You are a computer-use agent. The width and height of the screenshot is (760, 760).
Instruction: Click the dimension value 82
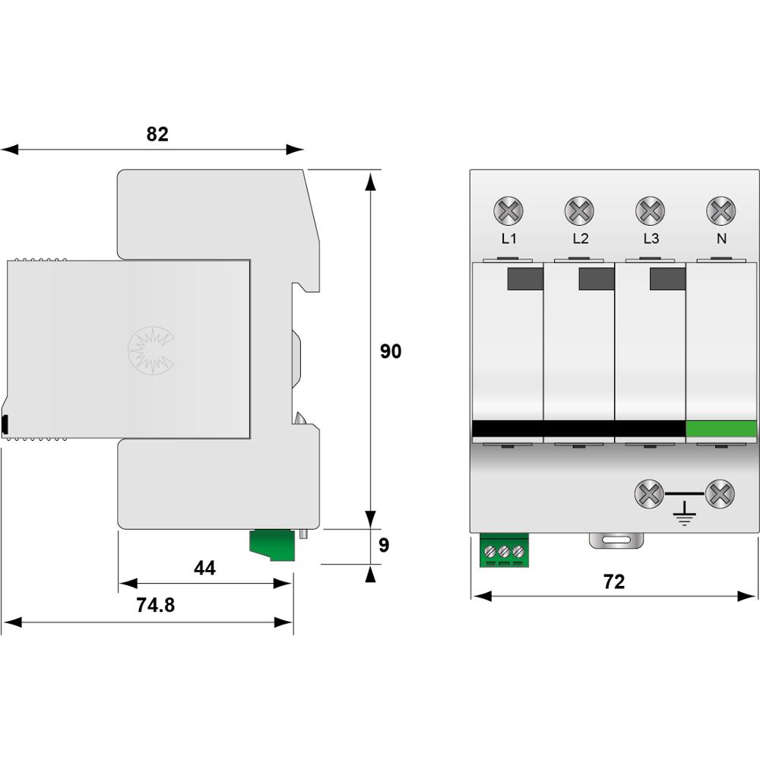[157, 135]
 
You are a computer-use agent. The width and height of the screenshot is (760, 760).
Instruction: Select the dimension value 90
[391, 352]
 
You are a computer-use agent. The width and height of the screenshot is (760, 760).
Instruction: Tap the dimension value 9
[384, 546]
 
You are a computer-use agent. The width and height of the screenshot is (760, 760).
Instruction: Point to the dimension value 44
[204, 568]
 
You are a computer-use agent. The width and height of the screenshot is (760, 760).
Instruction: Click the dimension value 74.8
[155, 605]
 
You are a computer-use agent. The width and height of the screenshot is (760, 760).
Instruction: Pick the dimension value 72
[613, 581]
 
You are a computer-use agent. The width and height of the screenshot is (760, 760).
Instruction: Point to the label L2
[580, 239]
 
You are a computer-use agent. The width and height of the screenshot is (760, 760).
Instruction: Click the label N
[720, 239]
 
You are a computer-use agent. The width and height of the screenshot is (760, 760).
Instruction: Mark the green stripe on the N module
[721, 429]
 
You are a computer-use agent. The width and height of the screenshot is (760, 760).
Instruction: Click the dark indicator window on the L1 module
[524, 279]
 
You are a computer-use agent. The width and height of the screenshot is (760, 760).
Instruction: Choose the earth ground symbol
[685, 515]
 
